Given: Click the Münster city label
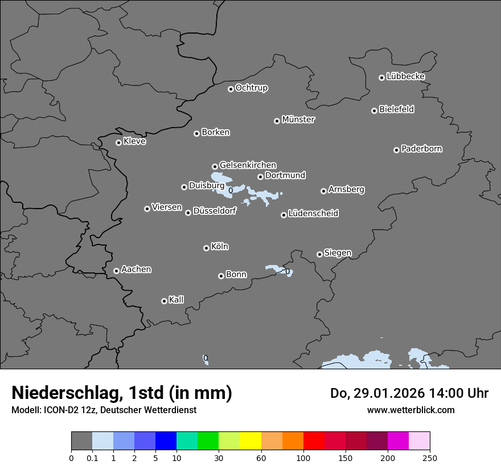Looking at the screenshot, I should point(298,120).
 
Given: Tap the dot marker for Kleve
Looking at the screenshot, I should point(118,142).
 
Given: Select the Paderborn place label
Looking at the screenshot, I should point(421,149).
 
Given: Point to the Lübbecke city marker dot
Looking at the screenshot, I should point(381,78).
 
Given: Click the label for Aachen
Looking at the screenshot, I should point(136,270).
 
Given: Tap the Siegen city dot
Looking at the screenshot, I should point(319,254).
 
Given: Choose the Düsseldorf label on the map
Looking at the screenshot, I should point(214,211).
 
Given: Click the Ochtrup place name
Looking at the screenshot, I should point(251,88).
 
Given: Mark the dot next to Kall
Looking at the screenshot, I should point(164,301).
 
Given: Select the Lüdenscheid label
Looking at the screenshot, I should point(313,214).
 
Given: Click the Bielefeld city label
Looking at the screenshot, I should point(396,109).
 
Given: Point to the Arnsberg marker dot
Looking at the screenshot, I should point(323,191).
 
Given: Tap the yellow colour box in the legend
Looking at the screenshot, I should point(250,441).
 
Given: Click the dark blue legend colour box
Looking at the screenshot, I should point(166,441).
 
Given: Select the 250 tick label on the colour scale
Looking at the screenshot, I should point(430,458).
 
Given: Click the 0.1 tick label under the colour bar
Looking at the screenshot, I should point(92,458).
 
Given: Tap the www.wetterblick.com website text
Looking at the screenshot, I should point(410,410).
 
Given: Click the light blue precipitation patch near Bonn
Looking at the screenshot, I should point(277,268).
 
